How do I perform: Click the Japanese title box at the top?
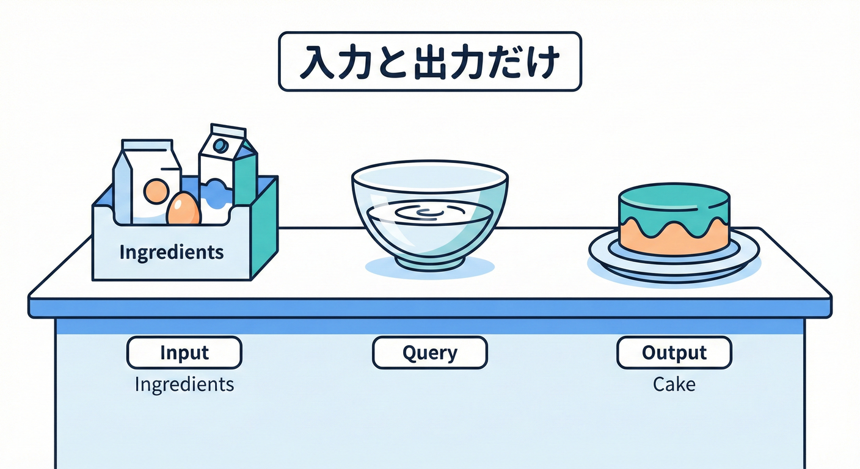click(x=429, y=62)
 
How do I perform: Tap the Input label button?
click(x=184, y=352)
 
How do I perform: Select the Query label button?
click(x=429, y=352)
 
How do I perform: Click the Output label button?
click(x=674, y=352)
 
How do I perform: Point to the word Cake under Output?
click(x=674, y=384)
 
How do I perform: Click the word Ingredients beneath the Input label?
click(x=184, y=384)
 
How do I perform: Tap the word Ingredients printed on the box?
click(x=171, y=252)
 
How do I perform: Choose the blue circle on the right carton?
click(x=221, y=145)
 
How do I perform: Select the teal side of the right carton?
click(x=246, y=174)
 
